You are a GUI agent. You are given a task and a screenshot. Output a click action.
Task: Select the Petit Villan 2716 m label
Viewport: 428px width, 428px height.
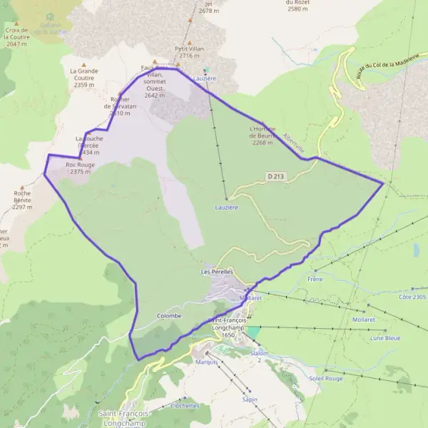[x=189, y=51]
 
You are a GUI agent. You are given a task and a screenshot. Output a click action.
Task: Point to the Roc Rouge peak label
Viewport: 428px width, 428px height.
[x=80, y=168]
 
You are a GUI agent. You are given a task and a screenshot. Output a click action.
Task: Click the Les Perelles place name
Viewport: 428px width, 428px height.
[x=217, y=272]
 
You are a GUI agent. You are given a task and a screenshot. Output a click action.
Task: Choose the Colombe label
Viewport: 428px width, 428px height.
[x=168, y=315]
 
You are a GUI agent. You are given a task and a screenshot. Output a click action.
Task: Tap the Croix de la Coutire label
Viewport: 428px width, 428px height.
[x=16, y=37]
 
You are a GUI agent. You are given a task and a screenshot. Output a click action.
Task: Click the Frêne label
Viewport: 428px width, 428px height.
[x=315, y=279]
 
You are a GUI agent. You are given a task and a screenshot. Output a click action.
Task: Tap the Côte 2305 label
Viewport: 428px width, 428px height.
[x=412, y=297]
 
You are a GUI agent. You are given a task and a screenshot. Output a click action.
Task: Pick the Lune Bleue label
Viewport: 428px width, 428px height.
[x=385, y=338]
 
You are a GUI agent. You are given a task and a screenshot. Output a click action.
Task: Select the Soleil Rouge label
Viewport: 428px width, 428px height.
[x=327, y=378]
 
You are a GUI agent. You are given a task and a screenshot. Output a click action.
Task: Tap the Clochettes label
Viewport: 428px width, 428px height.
[x=185, y=405]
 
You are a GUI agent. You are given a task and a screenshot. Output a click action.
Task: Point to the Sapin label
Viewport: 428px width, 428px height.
[x=250, y=399]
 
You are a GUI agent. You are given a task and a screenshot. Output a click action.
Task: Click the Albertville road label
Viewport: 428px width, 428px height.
[x=293, y=141]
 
